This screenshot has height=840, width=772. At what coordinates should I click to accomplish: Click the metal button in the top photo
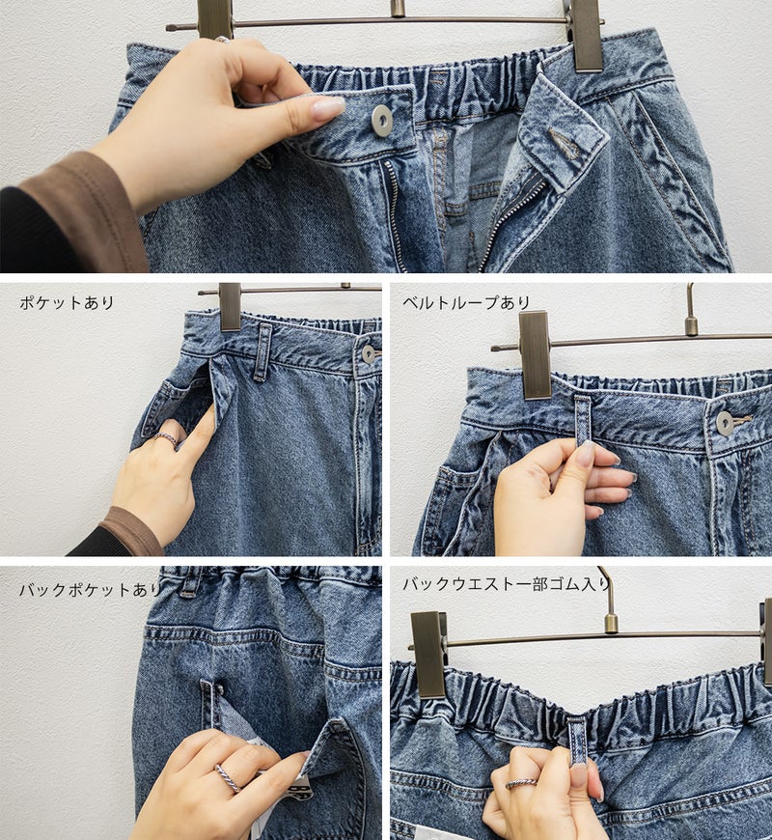(x=382, y=120)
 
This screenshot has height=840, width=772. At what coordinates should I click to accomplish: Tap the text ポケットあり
(x=67, y=302)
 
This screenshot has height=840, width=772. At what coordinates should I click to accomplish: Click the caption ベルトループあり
(x=466, y=302)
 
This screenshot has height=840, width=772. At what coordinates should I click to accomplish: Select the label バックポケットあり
(x=90, y=590)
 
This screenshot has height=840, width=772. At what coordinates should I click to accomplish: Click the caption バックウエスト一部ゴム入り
(x=507, y=583)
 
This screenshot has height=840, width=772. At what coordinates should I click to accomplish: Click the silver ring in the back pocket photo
(x=229, y=778)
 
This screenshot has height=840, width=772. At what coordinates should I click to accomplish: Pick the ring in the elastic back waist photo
(x=521, y=784)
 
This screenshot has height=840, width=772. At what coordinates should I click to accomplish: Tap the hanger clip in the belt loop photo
(x=536, y=354)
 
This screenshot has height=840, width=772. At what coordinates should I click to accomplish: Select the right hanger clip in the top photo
(x=588, y=36)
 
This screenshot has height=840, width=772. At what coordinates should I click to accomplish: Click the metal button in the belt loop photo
(x=725, y=423)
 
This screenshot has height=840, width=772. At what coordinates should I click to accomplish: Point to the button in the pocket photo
(x=369, y=354)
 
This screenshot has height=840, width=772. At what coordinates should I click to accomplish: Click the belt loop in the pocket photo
(x=262, y=352)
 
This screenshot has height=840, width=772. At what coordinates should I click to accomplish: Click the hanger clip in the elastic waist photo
(x=428, y=654)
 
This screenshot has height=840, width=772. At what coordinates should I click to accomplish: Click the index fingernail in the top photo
(x=328, y=108)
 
